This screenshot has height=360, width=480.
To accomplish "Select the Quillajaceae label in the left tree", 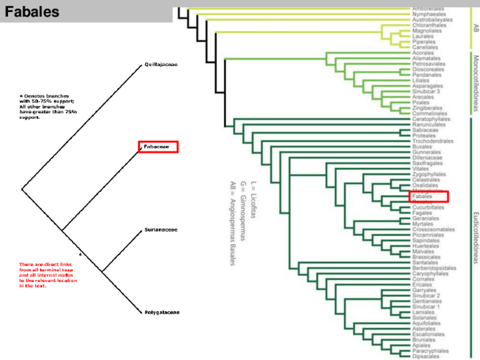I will pos(161,65).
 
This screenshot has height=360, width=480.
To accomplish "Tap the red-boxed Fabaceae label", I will pos(158,147).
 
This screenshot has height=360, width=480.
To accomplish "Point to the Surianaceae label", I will pos(161,230).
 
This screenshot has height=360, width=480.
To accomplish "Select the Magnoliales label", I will pos(427,31).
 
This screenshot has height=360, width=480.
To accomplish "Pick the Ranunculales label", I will pos(428,125).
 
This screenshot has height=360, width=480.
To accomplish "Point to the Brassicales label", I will pos(427,257).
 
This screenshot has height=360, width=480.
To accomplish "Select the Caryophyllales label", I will pos(431,273).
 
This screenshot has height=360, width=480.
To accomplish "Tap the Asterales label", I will pos(425,328).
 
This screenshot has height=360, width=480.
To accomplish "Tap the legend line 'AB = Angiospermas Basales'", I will pos(232,224).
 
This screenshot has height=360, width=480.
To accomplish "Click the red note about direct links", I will pos(48,275).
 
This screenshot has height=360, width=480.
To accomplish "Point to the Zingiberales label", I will pos(427,108).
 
